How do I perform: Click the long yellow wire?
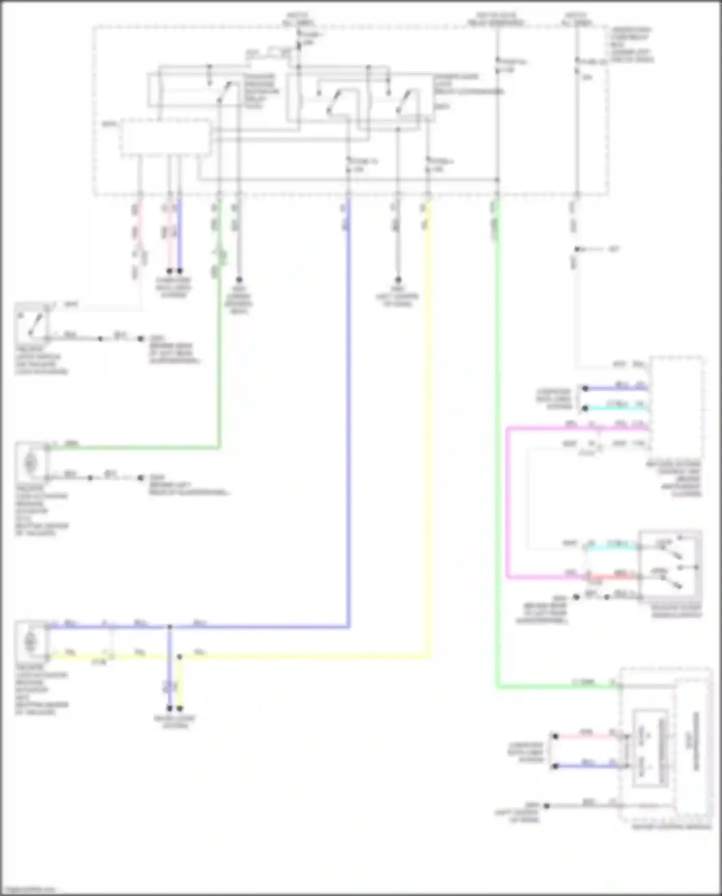(427, 433)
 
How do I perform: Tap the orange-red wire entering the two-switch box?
(616, 576)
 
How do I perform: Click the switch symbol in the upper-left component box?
(31, 324)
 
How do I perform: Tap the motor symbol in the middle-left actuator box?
(30, 463)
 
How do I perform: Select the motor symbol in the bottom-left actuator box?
(30, 642)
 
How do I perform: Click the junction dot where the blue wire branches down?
(169, 627)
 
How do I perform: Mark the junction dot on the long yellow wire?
(180, 656)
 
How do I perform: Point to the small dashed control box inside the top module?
(165, 138)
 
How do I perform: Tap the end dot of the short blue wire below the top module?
(180, 271)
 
